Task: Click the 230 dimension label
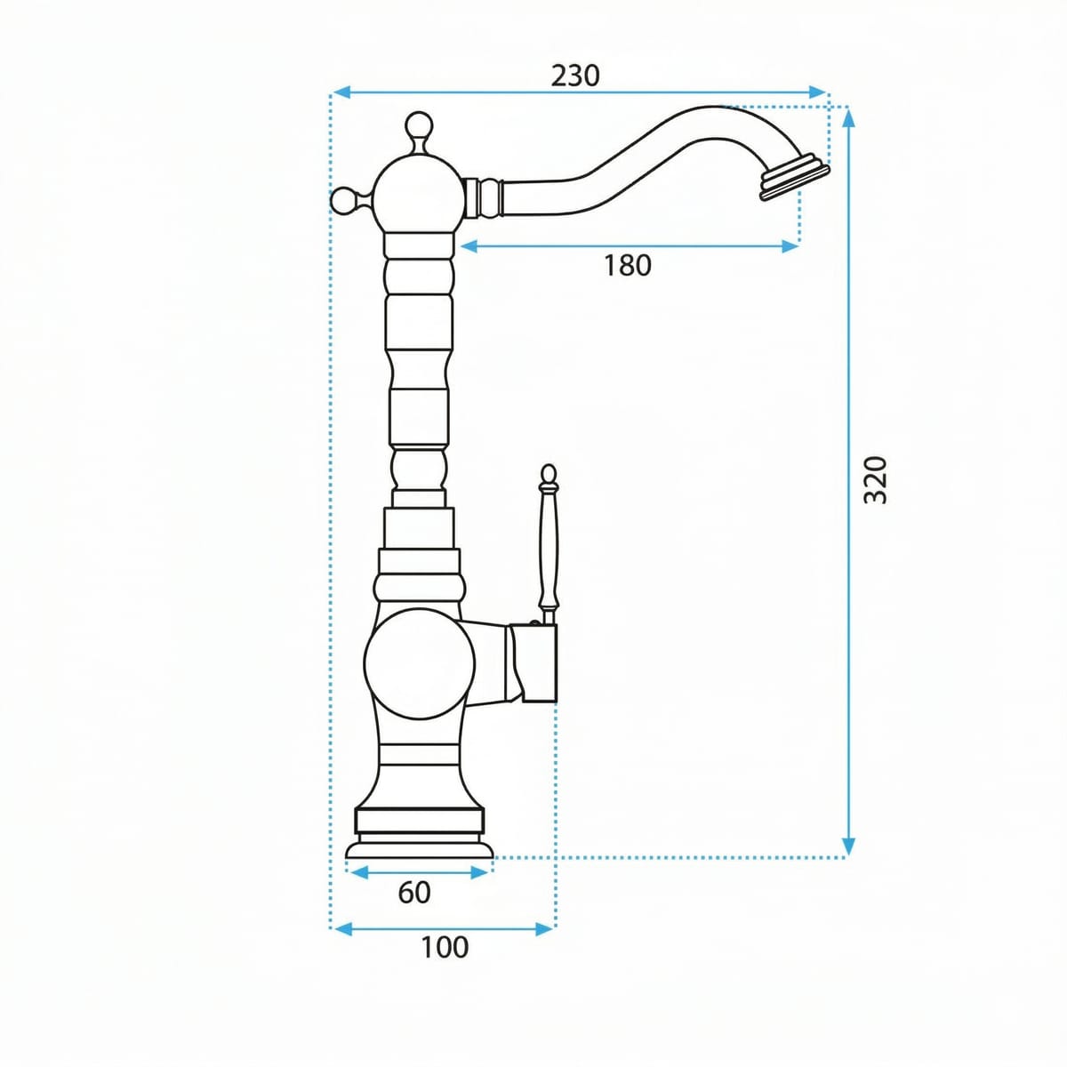pyautogui.click(x=575, y=76)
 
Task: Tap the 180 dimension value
pyautogui.click(x=628, y=265)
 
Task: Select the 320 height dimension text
pyautogui.click(x=876, y=479)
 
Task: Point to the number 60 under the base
pyautogui.click(x=414, y=892)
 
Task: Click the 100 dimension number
pyautogui.click(x=445, y=947)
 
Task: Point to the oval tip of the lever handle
pyautogui.click(x=549, y=474)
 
